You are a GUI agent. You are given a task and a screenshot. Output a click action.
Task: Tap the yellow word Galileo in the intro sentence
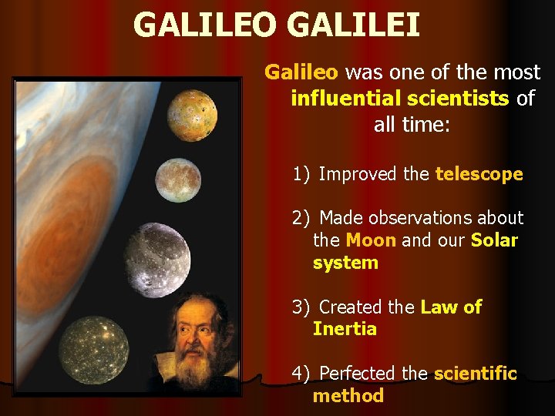pyautogui.click(x=301, y=72)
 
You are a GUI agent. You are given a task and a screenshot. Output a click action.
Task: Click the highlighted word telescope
pyautogui.click(x=479, y=174)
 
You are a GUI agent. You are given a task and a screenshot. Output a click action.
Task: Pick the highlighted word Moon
pyautogui.click(x=371, y=240)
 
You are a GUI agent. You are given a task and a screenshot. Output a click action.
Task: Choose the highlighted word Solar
pyautogui.click(x=494, y=240)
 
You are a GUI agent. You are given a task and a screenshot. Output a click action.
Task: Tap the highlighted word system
pyautogui.click(x=345, y=263)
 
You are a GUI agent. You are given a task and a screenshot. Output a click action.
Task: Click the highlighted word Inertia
pyautogui.click(x=345, y=329)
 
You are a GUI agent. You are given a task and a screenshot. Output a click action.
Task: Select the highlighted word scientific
pyautogui.click(x=475, y=374)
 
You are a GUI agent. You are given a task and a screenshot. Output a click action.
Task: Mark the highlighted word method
pyautogui.click(x=348, y=396)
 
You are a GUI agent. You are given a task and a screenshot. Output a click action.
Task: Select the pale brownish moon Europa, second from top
pyautogui.click(x=178, y=179)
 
